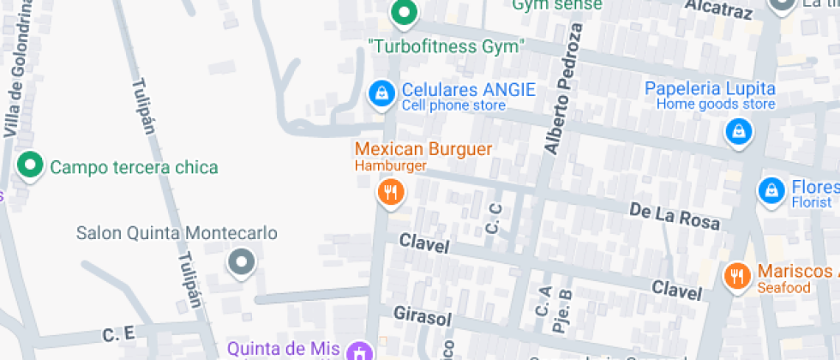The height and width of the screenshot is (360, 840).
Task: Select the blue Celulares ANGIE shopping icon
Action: point(381,93)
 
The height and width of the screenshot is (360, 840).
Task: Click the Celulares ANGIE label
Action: point(468,89)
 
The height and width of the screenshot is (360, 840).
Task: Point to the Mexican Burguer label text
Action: point(423,148)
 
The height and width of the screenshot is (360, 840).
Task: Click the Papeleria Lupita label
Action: point(710,88)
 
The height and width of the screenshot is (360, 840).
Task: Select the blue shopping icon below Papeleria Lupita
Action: point(737,131)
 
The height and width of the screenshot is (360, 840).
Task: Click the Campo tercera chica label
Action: point(134,167)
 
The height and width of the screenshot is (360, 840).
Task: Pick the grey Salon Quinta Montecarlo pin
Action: point(242,262)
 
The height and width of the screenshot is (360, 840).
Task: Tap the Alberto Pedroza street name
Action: point(561,90)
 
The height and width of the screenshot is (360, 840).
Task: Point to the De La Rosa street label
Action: point(674,215)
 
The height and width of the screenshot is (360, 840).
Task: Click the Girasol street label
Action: point(422,315)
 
